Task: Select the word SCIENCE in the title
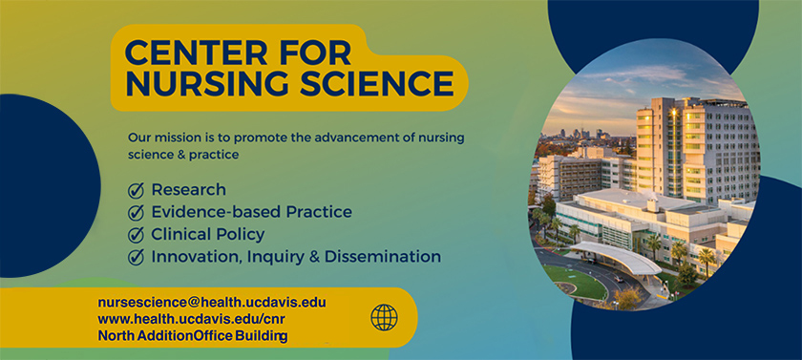tap(377, 83)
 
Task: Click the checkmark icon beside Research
tap(136, 191)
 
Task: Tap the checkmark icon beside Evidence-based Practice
tap(136, 213)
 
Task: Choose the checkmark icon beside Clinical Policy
tap(136, 235)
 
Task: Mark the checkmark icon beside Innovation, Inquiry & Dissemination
tap(136, 257)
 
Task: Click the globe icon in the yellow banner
tap(384, 318)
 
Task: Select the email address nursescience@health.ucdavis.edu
tap(212, 303)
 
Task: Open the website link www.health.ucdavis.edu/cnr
tap(192, 320)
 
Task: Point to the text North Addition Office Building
tap(193, 336)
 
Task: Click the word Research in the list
tap(189, 190)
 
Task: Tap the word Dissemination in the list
tap(383, 257)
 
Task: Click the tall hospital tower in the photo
tap(696, 148)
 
